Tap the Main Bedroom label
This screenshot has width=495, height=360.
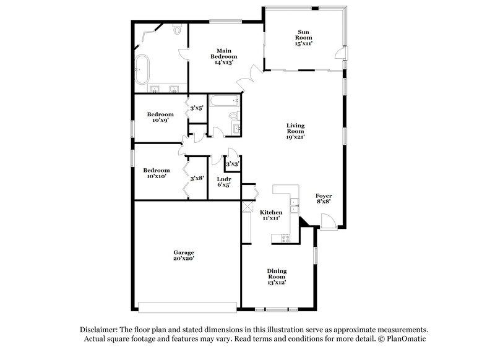point(223,56)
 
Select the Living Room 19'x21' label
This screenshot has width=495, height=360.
point(295,131)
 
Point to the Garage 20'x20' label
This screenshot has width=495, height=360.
point(184,255)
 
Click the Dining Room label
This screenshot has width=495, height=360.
point(277,276)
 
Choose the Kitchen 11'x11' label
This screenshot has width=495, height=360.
point(270,215)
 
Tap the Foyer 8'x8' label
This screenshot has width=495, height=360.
point(324,199)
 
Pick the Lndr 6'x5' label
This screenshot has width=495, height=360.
point(224,182)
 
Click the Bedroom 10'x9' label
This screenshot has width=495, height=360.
point(160,117)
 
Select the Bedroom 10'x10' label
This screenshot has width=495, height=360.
point(157,173)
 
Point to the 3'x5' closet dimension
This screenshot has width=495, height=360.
point(197,108)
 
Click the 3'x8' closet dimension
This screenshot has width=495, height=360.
point(197,179)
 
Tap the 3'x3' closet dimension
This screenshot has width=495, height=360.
point(233,165)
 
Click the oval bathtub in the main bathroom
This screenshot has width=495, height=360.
point(143,69)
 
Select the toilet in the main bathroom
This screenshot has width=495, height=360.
point(178,29)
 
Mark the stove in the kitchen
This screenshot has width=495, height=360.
point(286,236)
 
